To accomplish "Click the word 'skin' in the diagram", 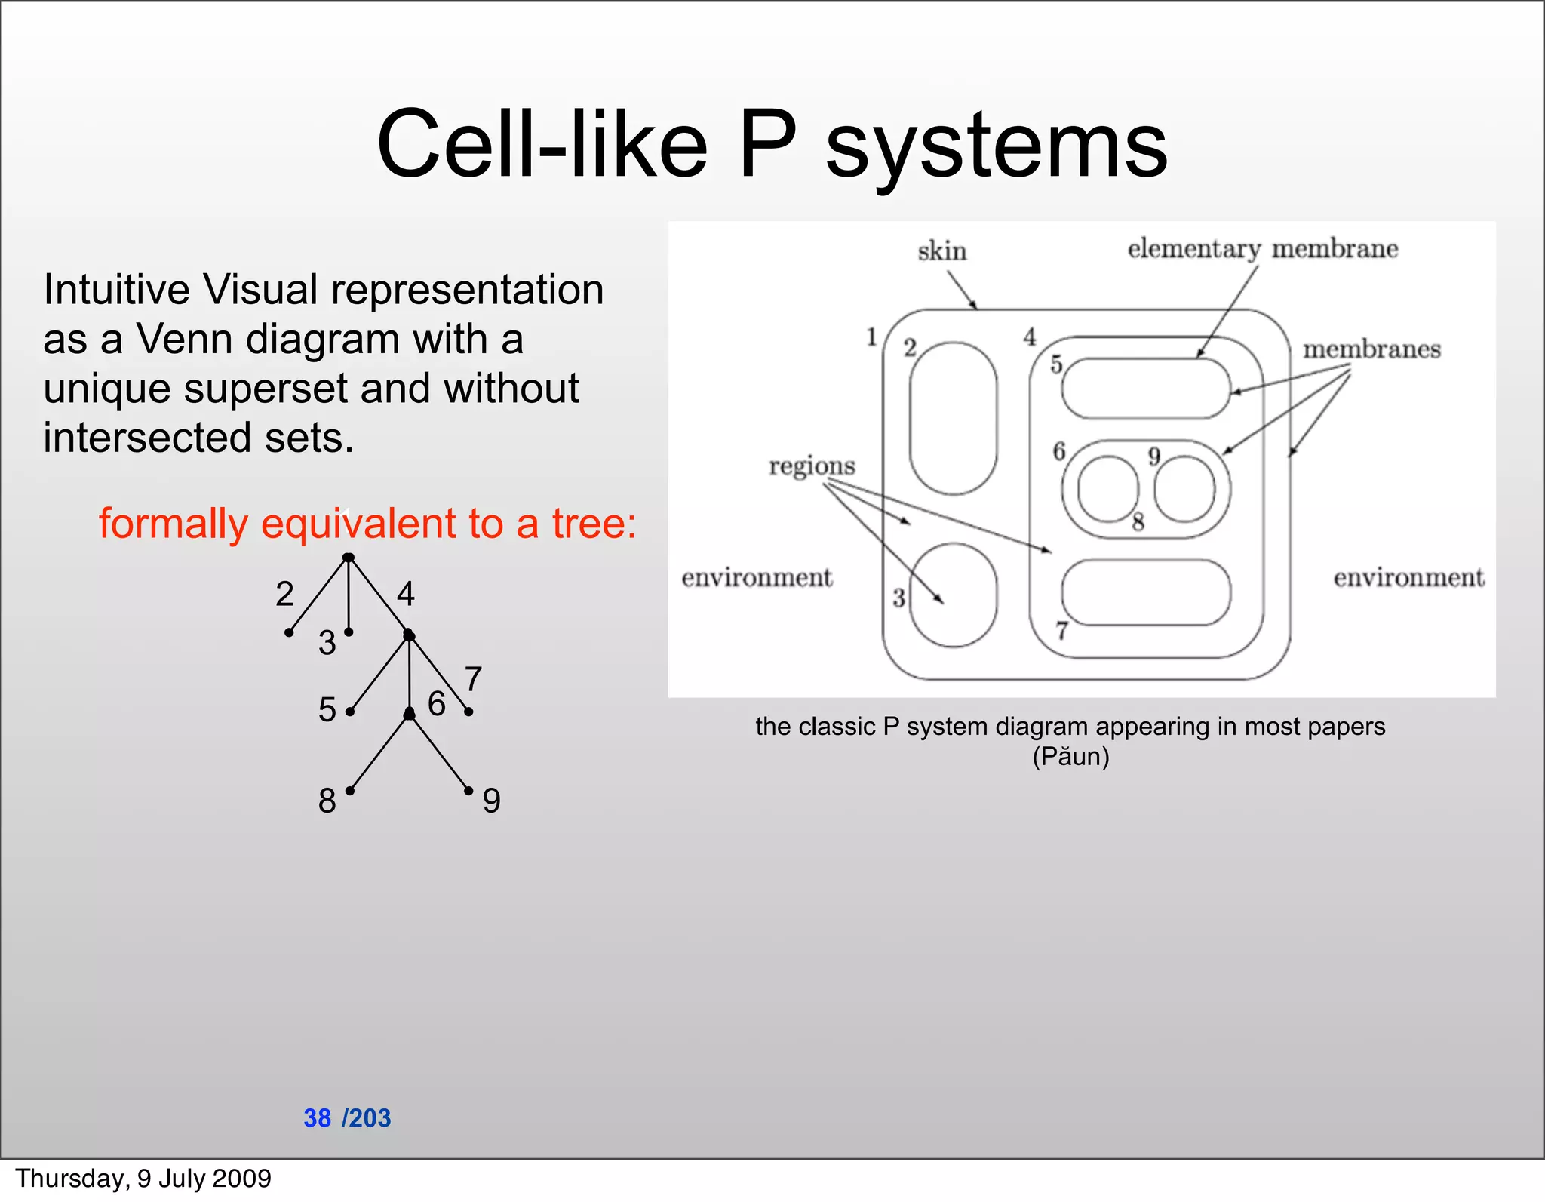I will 941,251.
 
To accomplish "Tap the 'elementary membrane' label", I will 1262,248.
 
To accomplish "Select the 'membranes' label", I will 1371,349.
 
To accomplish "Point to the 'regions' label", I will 812,466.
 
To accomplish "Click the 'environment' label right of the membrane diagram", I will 1408,577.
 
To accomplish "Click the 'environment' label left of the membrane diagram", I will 757,577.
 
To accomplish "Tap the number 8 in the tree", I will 327,801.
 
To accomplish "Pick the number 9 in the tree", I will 491,801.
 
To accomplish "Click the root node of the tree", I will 348,558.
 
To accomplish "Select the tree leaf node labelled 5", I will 350,712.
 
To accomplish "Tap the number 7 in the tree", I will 473,679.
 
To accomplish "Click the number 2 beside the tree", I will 284,594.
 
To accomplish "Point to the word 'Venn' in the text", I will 183,339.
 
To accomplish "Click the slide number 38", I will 317,1117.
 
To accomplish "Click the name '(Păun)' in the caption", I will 1070,756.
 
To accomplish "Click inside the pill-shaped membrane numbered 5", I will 1145,388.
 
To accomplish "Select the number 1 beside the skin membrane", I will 872,337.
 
